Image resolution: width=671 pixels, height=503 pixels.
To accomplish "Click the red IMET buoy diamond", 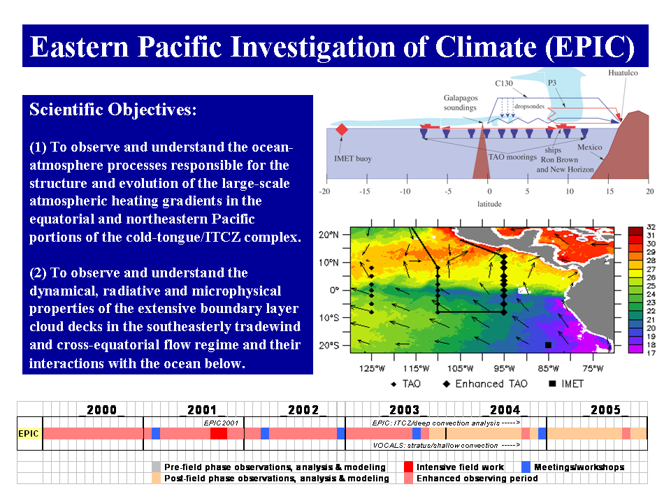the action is tap(342, 129).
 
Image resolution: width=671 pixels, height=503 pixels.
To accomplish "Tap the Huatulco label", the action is tap(623, 73).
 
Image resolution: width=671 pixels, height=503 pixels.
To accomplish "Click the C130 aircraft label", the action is tap(504, 83).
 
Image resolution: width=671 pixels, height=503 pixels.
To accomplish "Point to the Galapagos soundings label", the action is tap(461, 103).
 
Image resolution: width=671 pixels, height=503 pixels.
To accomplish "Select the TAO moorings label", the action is tap(512, 157).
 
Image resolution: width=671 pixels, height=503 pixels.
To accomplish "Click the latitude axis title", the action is tap(489, 204).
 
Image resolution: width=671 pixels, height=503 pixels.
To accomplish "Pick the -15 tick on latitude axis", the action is tap(365, 191).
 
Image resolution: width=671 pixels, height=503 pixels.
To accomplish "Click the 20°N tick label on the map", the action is tap(329, 235).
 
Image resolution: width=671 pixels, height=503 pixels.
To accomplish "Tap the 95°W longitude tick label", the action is tap(504, 368).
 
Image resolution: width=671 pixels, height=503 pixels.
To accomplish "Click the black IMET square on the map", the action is tap(548, 344).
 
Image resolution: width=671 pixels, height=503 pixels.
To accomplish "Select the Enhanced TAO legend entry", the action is tap(485, 384).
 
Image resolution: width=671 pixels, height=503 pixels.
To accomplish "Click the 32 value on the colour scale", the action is tap(651, 227).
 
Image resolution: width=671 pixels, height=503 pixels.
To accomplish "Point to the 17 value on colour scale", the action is tap(651, 353).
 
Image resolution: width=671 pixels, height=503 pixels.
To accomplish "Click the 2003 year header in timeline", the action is tap(404, 410).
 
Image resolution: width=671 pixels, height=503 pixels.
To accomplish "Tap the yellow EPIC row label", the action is tap(28, 433).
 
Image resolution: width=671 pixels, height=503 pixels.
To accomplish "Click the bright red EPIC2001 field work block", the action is tap(219, 433).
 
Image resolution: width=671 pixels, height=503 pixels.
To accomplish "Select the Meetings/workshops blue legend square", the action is tap(526, 467).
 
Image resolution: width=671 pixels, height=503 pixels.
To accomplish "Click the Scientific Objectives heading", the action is tap(113, 110).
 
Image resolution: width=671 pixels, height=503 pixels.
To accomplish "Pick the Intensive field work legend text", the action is tap(460, 467).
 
